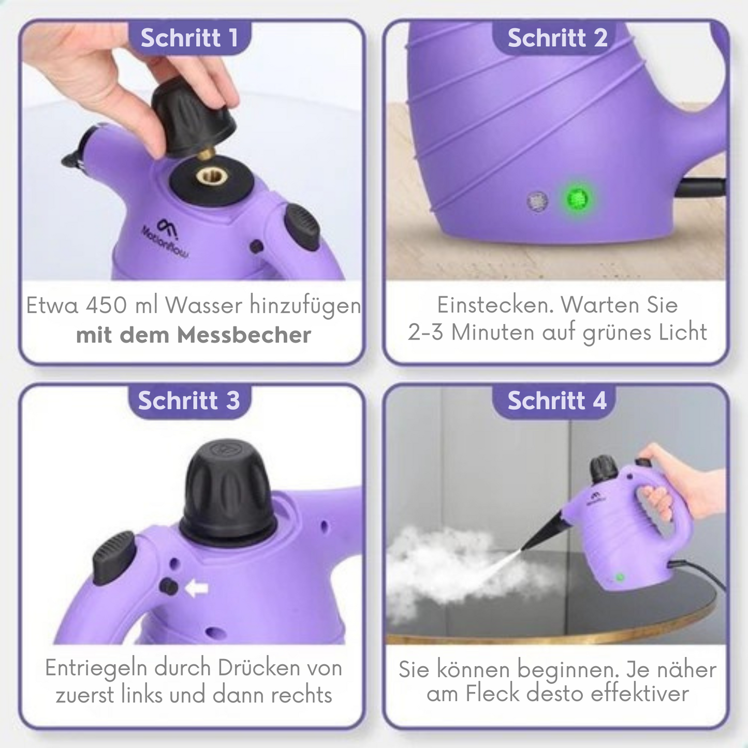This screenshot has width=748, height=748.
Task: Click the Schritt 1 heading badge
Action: pyautogui.click(x=189, y=38)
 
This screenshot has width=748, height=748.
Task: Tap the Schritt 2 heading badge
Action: pyautogui.click(x=557, y=38)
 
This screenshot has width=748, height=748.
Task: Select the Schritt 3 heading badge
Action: pyautogui.click(x=189, y=401)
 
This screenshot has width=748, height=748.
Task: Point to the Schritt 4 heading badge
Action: pyautogui.click(x=557, y=401)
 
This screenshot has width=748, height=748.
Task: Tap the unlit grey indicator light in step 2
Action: pyautogui.click(x=537, y=201)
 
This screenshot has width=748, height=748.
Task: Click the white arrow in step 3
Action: pyautogui.click(x=197, y=588)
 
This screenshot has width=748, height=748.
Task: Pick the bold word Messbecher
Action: pyautogui.click(x=244, y=335)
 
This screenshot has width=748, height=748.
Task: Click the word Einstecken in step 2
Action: pyautogui.click(x=492, y=305)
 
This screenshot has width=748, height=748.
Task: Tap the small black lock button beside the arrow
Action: pyautogui.click(x=169, y=587)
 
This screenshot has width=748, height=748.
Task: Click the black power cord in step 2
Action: pyautogui.click(x=701, y=187)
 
